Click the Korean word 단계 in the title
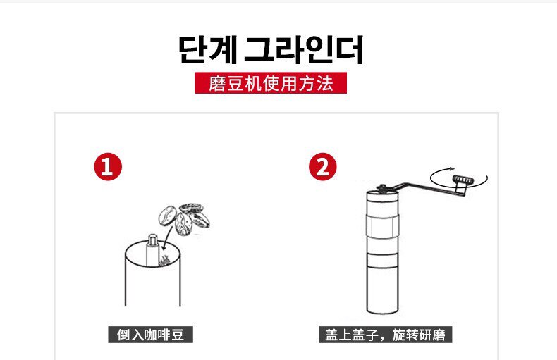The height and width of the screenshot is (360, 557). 208,50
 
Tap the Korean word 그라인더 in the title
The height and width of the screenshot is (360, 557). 304,50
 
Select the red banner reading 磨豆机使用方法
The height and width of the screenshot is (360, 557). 271,83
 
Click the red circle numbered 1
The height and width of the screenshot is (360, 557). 108,166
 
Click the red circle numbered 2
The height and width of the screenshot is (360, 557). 322,166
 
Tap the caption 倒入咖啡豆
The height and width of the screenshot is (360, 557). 151,335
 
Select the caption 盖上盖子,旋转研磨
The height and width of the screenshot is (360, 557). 386,335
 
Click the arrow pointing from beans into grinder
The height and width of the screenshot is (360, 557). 167,239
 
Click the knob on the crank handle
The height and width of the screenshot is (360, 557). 462,180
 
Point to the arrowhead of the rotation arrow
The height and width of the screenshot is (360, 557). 452,168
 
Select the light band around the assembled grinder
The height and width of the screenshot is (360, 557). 382,226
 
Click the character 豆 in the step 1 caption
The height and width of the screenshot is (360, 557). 178,335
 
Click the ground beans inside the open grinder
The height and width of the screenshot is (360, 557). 164,261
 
